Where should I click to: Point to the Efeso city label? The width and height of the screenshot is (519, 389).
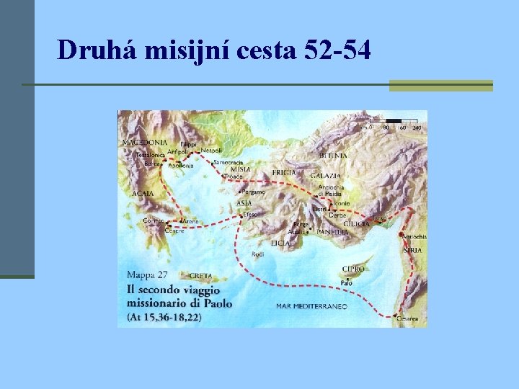250,214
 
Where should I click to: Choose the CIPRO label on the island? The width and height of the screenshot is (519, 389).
353,269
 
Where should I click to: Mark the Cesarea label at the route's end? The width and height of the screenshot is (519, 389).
407,318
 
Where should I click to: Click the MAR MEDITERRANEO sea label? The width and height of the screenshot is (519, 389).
311,306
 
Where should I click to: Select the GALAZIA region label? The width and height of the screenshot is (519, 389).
325,175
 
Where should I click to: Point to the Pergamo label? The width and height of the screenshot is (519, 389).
254,192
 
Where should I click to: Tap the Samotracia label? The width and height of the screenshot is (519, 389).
229,162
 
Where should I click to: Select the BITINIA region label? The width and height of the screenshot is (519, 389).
333,155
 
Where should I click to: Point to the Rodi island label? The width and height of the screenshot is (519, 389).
257,254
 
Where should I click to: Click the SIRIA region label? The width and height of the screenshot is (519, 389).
413,249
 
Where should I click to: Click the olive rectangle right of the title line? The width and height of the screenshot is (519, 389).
440,85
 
